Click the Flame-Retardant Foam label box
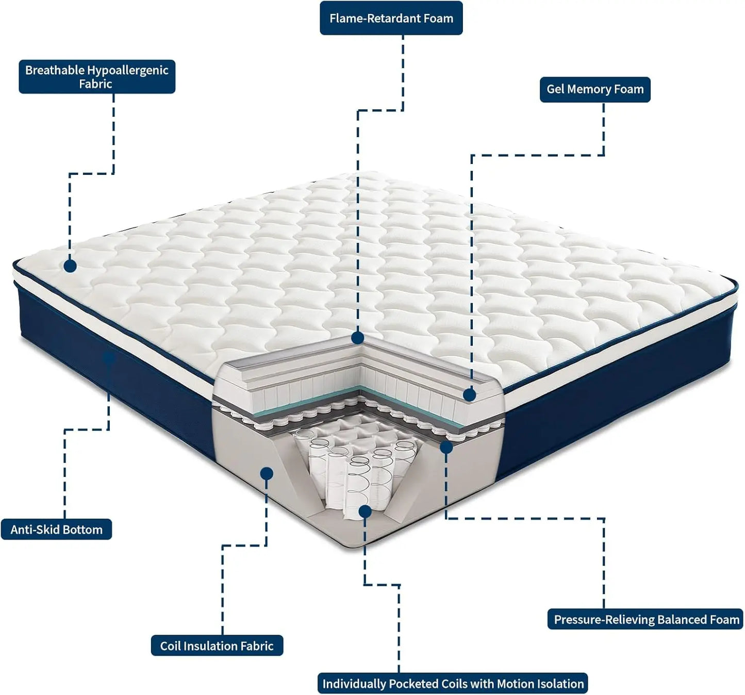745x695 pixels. (x=391, y=18)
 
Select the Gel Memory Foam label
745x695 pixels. (x=595, y=89)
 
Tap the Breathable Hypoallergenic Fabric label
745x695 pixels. (x=97, y=77)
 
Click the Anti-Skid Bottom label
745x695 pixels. (x=56, y=529)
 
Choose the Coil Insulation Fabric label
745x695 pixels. (x=217, y=646)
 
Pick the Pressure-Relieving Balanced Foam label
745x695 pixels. (x=646, y=619)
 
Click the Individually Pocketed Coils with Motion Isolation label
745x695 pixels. (x=453, y=684)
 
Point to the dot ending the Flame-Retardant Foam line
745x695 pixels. (x=358, y=338)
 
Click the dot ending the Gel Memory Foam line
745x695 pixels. (x=469, y=395)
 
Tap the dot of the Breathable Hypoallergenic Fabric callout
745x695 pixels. (x=70, y=266)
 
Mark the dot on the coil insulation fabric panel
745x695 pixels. (x=267, y=473)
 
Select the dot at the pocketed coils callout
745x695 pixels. (x=365, y=511)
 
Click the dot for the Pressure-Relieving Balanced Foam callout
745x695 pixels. (x=446, y=448)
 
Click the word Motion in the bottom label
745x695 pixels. (x=516, y=684)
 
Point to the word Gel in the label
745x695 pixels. (x=555, y=89)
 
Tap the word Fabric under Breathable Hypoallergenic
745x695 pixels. (x=95, y=84)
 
